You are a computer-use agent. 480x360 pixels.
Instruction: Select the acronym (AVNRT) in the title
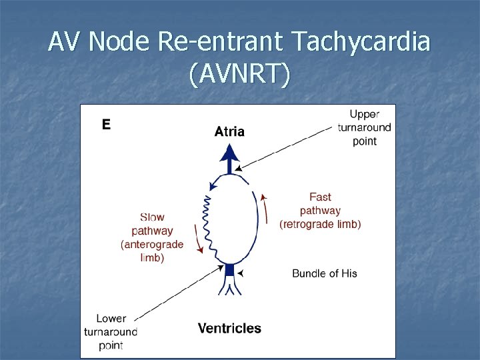tap(239, 75)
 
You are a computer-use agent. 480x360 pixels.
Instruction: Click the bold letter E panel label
tap(105, 123)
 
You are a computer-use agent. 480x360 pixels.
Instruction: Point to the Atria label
tap(229, 132)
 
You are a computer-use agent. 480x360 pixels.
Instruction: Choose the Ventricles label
tap(229, 328)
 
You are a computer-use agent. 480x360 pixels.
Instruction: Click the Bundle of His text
tap(324, 273)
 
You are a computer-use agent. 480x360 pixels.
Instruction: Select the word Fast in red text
tap(320, 197)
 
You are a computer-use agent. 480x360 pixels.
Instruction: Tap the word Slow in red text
tap(152, 217)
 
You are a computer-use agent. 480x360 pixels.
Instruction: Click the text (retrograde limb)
tap(320, 225)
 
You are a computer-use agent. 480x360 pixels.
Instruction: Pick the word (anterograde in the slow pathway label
tap(152, 245)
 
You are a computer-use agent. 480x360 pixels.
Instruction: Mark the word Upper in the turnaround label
tap(365, 114)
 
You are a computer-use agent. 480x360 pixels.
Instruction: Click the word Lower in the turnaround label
tap(111, 319)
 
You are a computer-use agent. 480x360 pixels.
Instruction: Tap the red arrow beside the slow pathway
tap(197, 239)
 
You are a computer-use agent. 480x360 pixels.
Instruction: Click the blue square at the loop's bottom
tap(229, 269)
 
